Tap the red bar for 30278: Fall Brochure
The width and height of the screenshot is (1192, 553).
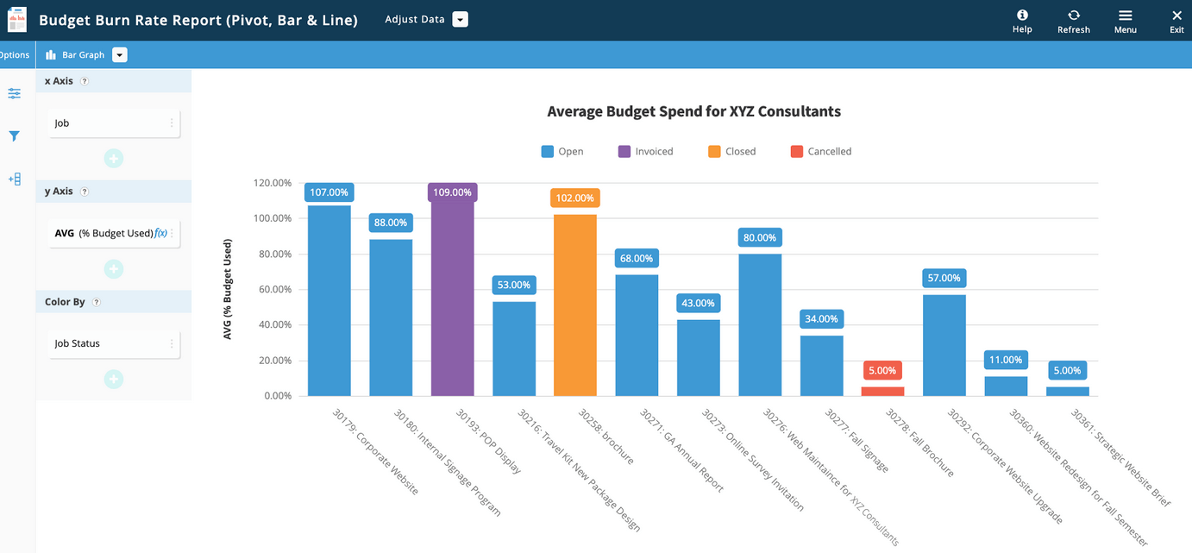(882, 391)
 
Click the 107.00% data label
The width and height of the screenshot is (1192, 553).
(329, 192)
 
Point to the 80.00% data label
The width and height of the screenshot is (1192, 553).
(760, 237)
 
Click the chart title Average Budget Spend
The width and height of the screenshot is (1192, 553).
(693, 111)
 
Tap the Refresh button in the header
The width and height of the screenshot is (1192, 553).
(1073, 21)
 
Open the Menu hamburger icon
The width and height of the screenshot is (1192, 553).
(1125, 21)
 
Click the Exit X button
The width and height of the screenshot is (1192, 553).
(1176, 21)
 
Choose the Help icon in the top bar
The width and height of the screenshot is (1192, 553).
(1022, 21)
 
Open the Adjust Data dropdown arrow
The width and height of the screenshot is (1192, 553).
(460, 20)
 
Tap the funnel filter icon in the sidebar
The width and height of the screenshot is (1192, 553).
(15, 136)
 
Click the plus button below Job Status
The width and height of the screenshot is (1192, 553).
(114, 379)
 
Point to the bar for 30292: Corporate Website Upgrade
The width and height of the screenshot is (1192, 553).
(944, 345)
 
